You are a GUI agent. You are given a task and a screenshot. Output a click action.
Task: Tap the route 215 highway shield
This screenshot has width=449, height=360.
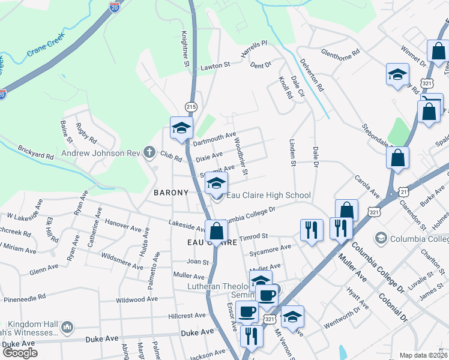[x=191, y=106]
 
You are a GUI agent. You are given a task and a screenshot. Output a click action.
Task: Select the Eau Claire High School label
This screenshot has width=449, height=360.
[x=268, y=195]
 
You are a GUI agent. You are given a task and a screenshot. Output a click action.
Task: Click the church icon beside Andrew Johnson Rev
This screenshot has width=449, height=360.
[x=149, y=152]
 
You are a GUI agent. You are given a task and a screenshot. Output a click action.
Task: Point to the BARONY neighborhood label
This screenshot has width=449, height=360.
[x=171, y=193]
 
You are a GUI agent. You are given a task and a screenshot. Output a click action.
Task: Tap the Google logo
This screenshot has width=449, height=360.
[x=19, y=353]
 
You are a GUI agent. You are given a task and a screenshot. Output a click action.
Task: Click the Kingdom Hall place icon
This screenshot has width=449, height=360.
[x=67, y=327]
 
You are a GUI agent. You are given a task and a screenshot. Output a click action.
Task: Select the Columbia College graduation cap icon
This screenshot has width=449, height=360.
[x=380, y=239]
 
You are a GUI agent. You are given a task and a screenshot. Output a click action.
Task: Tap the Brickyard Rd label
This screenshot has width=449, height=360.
[x=36, y=151]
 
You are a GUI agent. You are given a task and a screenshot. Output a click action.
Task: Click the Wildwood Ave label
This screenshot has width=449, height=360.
[x=136, y=299]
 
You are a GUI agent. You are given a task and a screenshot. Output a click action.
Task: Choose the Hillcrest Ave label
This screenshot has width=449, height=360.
[x=187, y=316]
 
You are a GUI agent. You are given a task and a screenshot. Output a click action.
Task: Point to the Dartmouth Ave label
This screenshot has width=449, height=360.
[x=214, y=139]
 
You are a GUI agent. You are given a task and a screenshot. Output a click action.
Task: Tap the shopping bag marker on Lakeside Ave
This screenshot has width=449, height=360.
[x=215, y=230]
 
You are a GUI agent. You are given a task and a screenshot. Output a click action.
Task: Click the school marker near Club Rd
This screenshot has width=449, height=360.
[x=181, y=128]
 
